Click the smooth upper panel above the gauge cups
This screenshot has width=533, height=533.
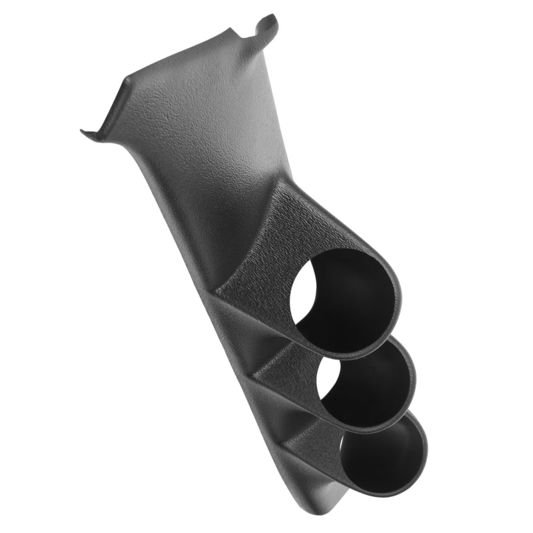pos(213,133)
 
